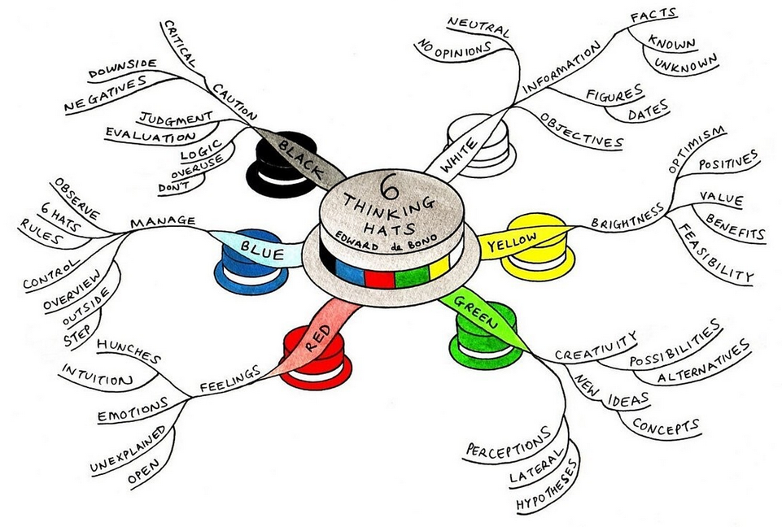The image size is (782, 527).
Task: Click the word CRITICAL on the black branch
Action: click(x=179, y=45)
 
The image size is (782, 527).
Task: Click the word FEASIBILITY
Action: click(x=715, y=254)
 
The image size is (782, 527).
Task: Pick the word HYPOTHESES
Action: click(x=547, y=486)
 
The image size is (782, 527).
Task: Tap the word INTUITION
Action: click(x=97, y=375)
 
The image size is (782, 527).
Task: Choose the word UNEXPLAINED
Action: click(x=128, y=449)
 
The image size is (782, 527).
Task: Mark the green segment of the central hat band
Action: click(x=412, y=277)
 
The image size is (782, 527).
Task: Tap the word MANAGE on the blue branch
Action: click(x=163, y=221)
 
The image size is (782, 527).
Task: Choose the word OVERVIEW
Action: click(x=72, y=291)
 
